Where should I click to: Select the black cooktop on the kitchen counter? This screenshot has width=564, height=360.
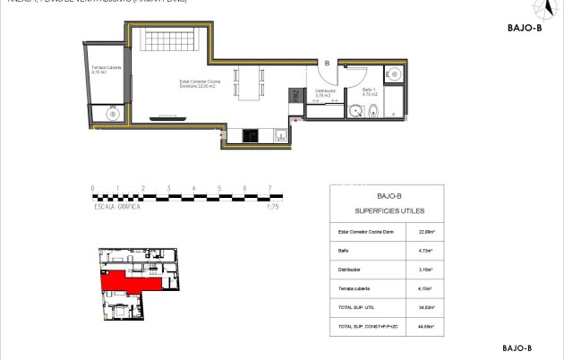pyautogui.click(x=251, y=136)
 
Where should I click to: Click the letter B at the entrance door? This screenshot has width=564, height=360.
pyautogui.click(x=328, y=64)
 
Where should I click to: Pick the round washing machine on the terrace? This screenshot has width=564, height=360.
pyautogui.click(x=113, y=113)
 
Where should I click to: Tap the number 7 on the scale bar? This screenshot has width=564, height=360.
pyautogui.click(x=269, y=189)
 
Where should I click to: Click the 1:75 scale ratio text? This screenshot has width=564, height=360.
pyautogui.click(x=274, y=206)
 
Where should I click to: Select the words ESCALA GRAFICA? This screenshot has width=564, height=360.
pyautogui.click(x=119, y=206)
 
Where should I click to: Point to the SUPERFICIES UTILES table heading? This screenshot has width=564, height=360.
pyautogui.click(x=387, y=210)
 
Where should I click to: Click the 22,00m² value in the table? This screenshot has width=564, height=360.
pyautogui.click(x=425, y=231)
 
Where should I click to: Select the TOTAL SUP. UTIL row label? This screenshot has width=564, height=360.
pyautogui.click(x=352, y=307)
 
